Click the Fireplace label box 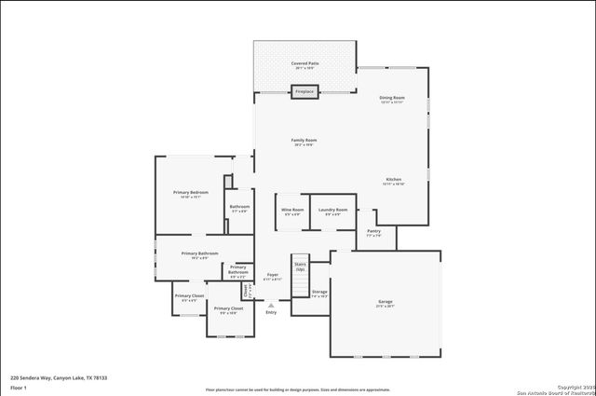tap(305, 92)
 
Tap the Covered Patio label tap(305, 63)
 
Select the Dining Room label tap(392, 99)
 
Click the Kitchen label tap(394, 181)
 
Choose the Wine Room tap(292, 211)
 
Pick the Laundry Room tap(334, 211)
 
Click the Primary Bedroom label tap(190, 194)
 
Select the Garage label tap(385, 304)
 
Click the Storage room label tap(319, 293)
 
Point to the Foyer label tap(273, 276)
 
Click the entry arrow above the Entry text tap(271, 304)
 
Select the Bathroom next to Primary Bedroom tap(239, 208)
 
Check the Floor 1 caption tap(18, 387)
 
